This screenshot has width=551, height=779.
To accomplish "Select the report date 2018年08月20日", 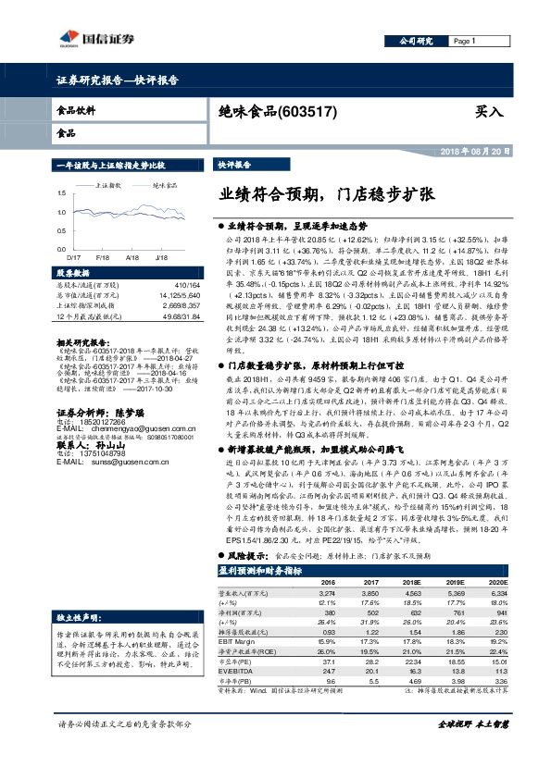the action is [x=484, y=150].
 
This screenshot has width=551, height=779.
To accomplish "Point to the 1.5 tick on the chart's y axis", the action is [x=62, y=193].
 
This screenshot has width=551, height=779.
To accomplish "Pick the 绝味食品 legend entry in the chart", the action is [x=166, y=185].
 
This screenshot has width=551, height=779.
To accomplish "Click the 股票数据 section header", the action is [x=74, y=274].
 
